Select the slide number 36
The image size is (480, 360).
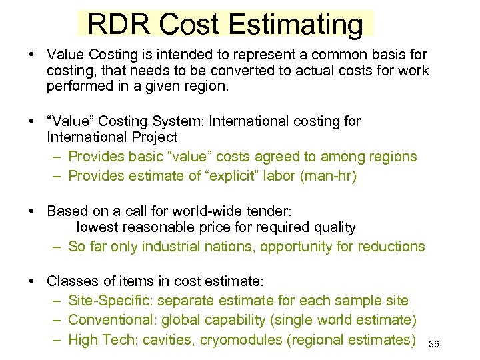coord(433,344)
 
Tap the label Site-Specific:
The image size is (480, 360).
coord(111,301)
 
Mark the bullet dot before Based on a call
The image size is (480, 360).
coord(32,211)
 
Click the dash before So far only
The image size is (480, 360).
coord(57,246)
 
